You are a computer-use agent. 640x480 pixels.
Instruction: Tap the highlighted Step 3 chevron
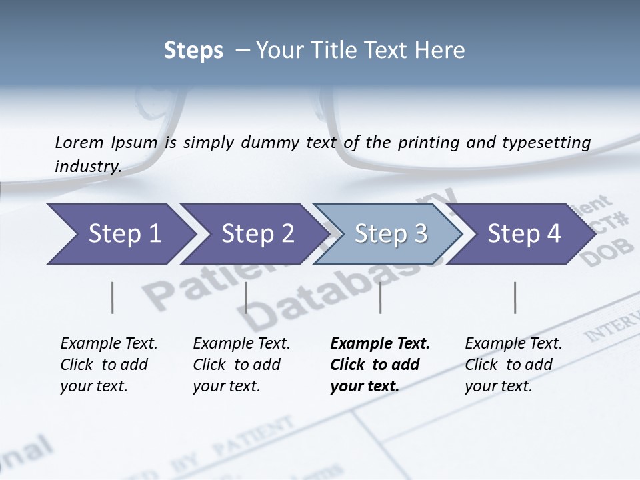(391, 234)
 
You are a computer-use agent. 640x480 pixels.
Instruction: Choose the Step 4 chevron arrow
(524, 234)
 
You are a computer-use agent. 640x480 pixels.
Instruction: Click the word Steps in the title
(193, 51)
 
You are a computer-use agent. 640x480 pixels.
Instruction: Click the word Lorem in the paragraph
(79, 142)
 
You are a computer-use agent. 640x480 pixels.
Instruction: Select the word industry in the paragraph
(88, 167)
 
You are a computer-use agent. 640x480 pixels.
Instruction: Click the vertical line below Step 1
(112, 297)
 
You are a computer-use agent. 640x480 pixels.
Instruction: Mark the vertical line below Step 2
(246, 297)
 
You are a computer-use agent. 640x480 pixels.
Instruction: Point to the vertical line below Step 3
(380, 297)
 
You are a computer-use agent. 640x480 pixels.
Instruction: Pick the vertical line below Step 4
(515, 297)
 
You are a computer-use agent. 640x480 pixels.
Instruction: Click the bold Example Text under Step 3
(380, 344)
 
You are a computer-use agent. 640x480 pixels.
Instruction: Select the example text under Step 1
(109, 365)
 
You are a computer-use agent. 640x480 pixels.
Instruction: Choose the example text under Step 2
(241, 365)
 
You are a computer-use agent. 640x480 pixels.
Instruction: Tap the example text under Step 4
(513, 365)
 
